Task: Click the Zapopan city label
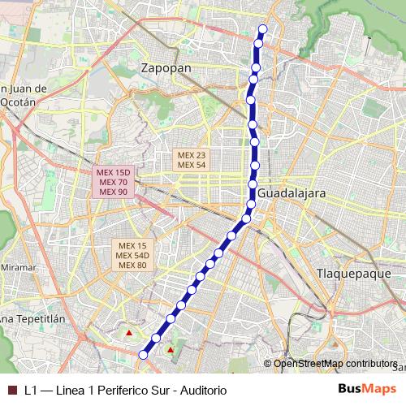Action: pyautogui.click(x=166, y=68)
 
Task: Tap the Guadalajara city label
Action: pyautogui.click(x=292, y=194)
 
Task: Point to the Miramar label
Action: pyautogui.click(x=19, y=267)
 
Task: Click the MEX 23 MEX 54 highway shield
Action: pyautogui.click(x=192, y=159)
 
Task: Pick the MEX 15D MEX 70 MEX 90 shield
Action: pyautogui.click(x=111, y=182)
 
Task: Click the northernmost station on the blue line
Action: pyautogui.click(x=262, y=29)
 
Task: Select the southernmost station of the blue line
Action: pyautogui.click(x=144, y=354)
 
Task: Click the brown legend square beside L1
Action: pyautogui.click(x=11, y=390)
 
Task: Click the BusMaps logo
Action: pyautogui.click(x=367, y=390)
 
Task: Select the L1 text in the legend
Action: pyautogui.click(x=30, y=390)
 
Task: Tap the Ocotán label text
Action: pyautogui.click(x=18, y=102)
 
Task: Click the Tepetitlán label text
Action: pyautogui.click(x=35, y=319)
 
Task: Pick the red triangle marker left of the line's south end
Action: pyautogui.click(x=128, y=333)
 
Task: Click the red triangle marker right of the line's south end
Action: pyautogui.click(x=170, y=350)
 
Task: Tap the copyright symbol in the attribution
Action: pyautogui.click(x=268, y=363)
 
